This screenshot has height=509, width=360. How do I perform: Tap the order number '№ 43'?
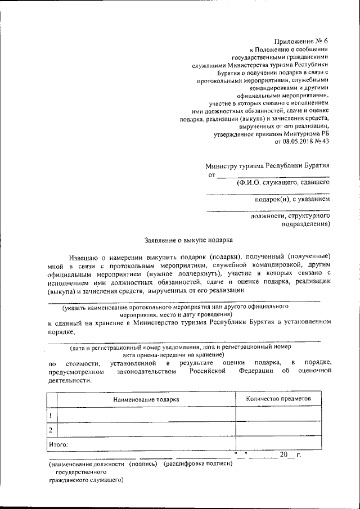[322, 143]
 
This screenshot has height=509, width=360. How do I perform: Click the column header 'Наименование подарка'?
[146, 399]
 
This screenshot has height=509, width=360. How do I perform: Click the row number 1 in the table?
[51, 415]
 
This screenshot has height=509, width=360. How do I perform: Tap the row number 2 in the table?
[51, 430]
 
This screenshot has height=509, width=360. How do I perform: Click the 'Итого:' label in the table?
[59, 444]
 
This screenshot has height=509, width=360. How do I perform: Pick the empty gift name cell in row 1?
[146, 415]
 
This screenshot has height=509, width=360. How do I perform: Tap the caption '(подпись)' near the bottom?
[143, 465]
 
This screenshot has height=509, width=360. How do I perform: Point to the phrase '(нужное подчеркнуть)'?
[183, 273]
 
